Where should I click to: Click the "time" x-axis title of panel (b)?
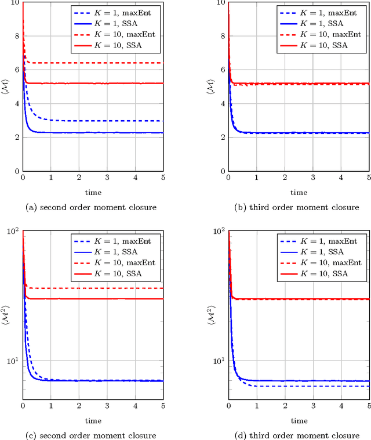[x=299, y=192]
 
